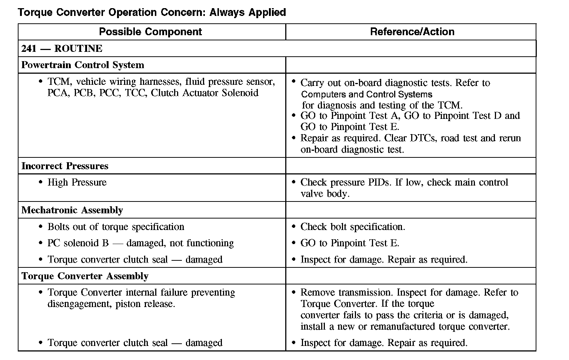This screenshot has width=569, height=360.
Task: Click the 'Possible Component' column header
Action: (150, 32)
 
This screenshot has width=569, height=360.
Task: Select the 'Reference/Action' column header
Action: (412, 32)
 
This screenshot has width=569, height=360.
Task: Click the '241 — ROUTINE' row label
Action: (62, 49)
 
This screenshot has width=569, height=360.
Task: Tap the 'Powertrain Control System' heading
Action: (83, 65)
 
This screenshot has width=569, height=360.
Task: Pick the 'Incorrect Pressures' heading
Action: (65, 166)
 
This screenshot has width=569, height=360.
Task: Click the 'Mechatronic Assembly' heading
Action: (72, 210)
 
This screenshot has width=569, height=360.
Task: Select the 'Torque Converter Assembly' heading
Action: (85, 276)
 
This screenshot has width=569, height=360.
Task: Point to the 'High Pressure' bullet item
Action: (77, 182)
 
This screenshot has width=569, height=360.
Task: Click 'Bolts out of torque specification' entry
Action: (116, 227)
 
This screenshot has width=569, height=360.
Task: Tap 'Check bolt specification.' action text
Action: (353, 227)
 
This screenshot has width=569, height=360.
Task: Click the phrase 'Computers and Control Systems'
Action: (367, 94)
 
